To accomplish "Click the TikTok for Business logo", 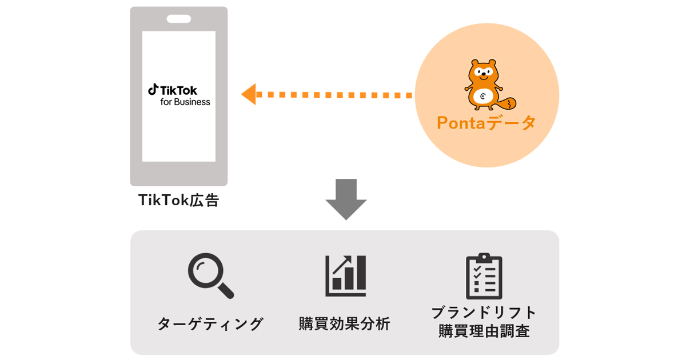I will point(178,95).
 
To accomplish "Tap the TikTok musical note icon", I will point(153,90).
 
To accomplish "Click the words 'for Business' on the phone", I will point(185,102).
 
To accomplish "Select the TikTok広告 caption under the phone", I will point(178,201).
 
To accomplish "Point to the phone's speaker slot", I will point(178,19).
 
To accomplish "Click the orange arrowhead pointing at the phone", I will point(249,94).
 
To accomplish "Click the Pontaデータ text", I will point(486,123).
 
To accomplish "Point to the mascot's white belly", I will point(485,97).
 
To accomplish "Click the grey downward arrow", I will point(346,199).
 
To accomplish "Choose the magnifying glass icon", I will point(210,277).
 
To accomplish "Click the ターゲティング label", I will point(210,324).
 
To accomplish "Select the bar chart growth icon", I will point(345,276).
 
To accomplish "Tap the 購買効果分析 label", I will point(345,324).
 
